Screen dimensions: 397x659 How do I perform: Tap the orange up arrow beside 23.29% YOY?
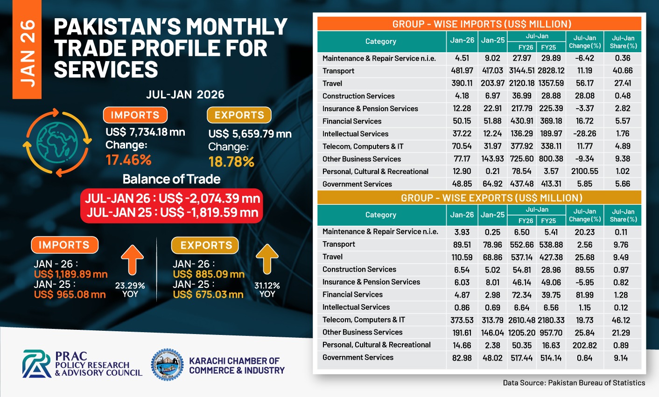pos(132,260)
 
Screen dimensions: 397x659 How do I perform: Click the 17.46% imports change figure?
pos(128,160)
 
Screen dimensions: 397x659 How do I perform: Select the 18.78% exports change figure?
pos(231,162)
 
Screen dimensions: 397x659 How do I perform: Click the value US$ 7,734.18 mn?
pos(145,132)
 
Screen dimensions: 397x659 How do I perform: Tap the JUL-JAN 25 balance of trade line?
pos(172,213)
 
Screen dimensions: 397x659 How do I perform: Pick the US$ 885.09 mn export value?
pos(209,274)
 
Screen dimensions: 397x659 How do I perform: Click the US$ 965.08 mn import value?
pos(70,294)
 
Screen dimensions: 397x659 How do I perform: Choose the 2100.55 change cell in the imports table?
pos(584,171)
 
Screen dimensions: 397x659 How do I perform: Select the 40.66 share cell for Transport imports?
pos(623,70)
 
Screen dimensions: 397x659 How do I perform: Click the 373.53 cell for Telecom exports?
pos(462,320)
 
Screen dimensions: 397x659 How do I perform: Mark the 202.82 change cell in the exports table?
pos(584,345)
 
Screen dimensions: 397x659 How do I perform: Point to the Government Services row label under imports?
pos(357,184)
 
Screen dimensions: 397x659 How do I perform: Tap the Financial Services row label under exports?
pos(352,294)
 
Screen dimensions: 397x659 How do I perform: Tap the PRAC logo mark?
pos(37,364)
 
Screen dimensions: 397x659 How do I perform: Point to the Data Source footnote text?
pos(574,383)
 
